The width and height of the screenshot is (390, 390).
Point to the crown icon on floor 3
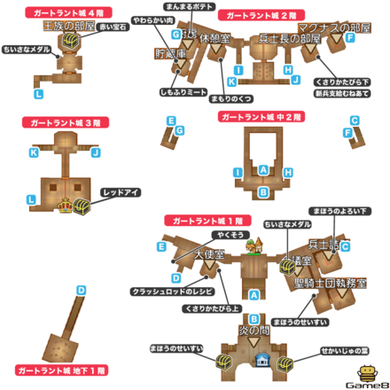coord(65,207)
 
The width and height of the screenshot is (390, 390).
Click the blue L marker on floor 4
coord(37,92)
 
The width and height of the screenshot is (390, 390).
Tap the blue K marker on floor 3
coord(34,152)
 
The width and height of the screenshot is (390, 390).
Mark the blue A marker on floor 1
coord(254,293)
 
